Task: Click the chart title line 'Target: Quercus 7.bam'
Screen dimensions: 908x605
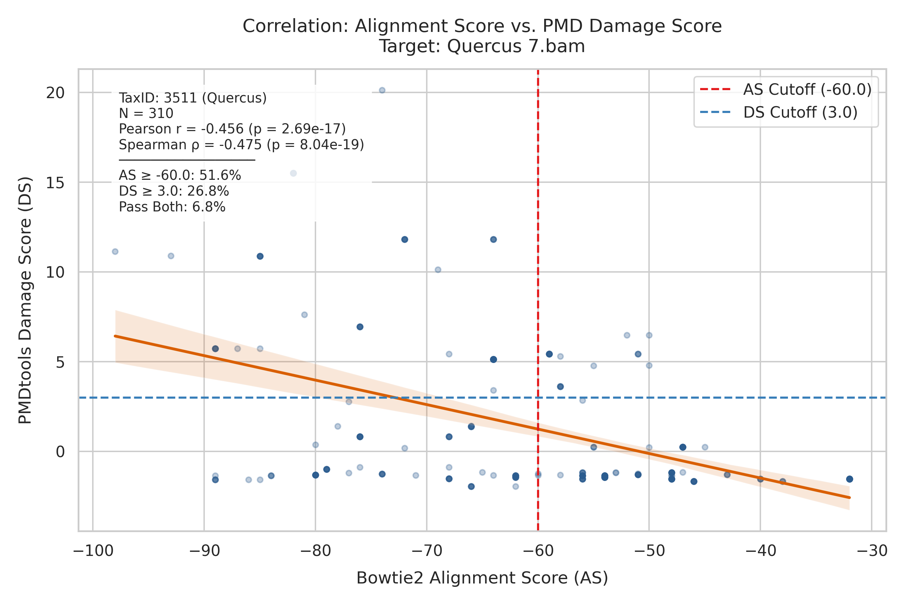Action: point(482,46)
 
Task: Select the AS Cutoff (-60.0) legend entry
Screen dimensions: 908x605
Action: point(786,89)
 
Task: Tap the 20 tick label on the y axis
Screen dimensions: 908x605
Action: point(55,93)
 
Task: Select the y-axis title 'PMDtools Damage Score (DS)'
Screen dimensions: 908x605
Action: point(26,300)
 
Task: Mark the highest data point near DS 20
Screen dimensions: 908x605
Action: point(382,90)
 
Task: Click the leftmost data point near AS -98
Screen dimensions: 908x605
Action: point(115,251)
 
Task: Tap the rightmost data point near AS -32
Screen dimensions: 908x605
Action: point(849,479)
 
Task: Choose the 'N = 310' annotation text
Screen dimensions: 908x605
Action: point(146,114)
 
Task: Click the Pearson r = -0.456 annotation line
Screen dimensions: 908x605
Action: point(232,129)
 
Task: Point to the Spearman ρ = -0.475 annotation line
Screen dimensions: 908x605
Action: point(241,145)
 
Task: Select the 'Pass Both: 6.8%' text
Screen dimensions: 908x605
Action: point(172,207)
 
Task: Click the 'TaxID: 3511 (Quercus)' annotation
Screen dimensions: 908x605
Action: point(193,98)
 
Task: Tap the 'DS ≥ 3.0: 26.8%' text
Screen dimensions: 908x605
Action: point(174,191)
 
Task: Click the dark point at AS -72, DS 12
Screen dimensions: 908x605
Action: point(405,240)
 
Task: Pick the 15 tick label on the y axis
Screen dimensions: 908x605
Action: point(55,183)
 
